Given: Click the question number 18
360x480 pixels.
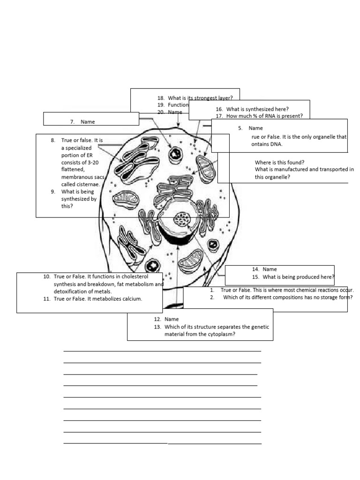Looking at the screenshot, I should (x=160, y=98).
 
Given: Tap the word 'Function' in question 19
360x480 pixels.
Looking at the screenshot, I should (x=178, y=105).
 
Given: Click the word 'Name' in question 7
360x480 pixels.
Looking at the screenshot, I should (x=88, y=122).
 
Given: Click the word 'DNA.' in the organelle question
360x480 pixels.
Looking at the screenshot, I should (x=276, y=144).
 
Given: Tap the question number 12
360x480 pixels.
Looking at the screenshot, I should (x=157, y=319).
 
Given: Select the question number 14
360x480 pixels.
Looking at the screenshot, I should (x=255, y=270).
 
